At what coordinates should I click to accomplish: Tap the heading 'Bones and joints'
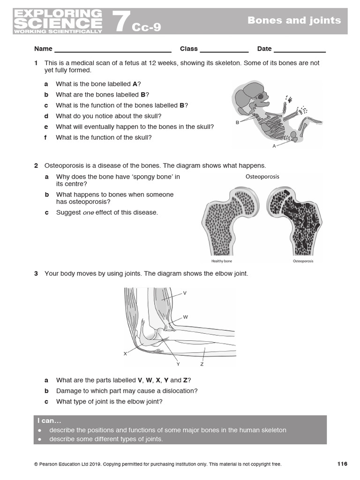pyautogui.click(x=294, y=20)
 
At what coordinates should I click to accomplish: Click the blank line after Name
pyautogui.click(x=113, y=49)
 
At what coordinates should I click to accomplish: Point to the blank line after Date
pyautogui.click(x=300, y=49)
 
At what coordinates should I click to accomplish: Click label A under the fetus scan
pyautogui.click(x=274, y=146)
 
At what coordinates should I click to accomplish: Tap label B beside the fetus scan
pyautogui.click(x=237, y=122)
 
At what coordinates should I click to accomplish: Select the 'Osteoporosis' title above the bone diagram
pyautogui.click(x=262, y=177)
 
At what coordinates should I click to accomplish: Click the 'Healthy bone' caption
pyautogui.click(x=222, y=261)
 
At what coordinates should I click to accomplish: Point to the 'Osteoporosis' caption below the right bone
pyautogui.click(x=303, y=261)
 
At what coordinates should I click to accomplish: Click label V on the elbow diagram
pyautogui.click(x=185, y=293)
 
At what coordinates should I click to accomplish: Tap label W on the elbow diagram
pyautogui.click(x=186, y=317)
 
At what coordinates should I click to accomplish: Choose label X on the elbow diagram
pyautogui.click(x=125, y=353)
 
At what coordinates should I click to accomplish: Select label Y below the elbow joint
pyautogui.click(x=178, y=364)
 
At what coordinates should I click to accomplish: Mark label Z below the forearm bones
pyautogui.click(x=202, y=364)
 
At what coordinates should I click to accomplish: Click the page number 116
pyautogui.click(x=342, y=464)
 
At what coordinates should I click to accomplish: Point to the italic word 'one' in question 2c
pyautogui.click(x=89, y=212)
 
